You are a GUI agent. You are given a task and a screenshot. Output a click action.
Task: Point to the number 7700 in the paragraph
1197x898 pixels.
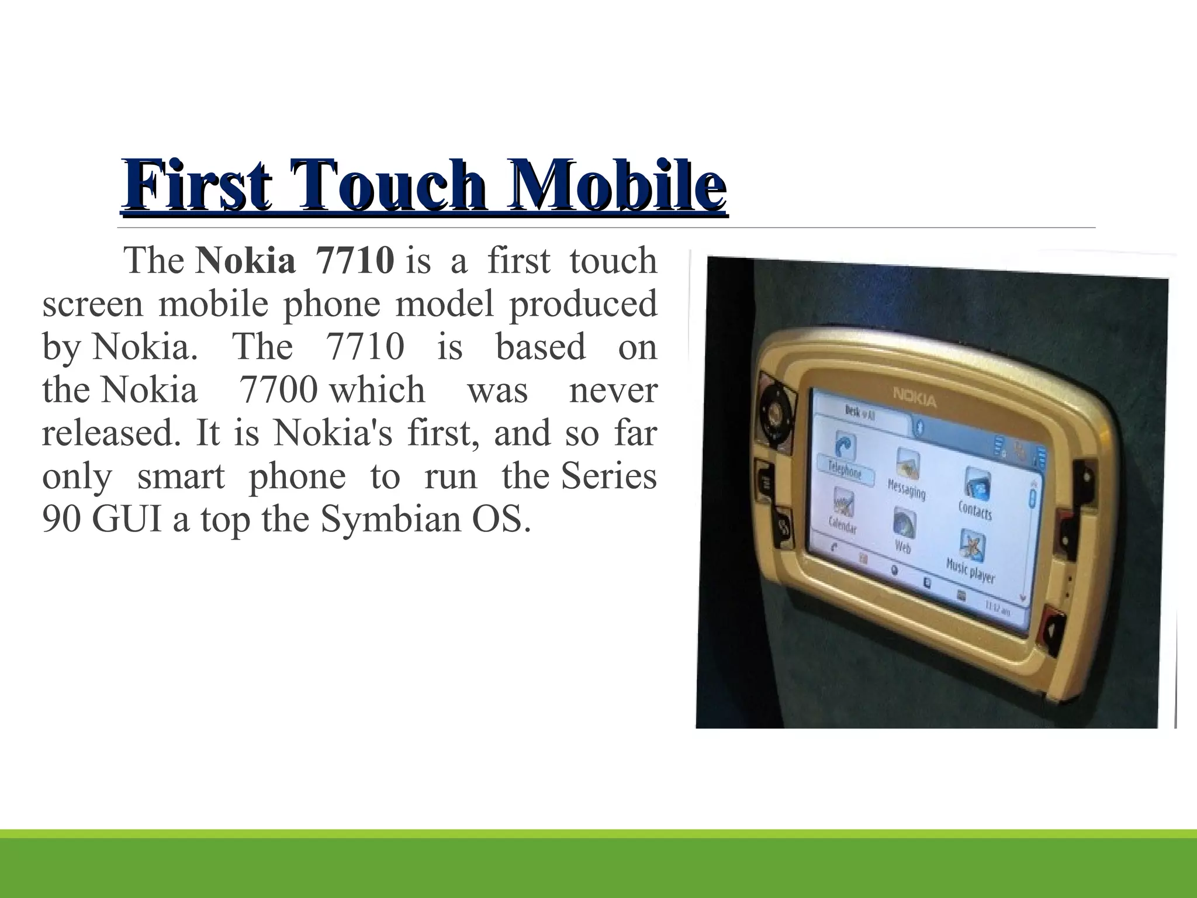click(279, 390)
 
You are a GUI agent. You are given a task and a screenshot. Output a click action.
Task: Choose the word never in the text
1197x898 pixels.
click(613, 390)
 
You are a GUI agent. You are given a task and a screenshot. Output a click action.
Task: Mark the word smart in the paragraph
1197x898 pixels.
click(181, 476)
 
